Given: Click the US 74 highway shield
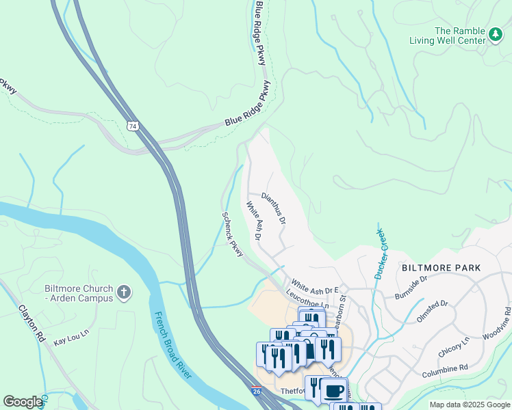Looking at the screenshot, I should click(x=132, y=126).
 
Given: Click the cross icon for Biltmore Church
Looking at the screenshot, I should click(x=124, y=293).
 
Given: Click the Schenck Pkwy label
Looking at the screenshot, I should click(x=233, y=234).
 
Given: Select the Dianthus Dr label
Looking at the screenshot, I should click(x=274, y=208).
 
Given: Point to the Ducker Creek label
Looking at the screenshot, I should click(x=381, y=254).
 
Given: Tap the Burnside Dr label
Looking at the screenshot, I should click(x=411, y=287).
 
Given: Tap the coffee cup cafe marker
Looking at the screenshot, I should click(x=333, y=391).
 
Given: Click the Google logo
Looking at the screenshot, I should click(x=23, y=402).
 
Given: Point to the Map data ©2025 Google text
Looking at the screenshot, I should click(x=469, y=405).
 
